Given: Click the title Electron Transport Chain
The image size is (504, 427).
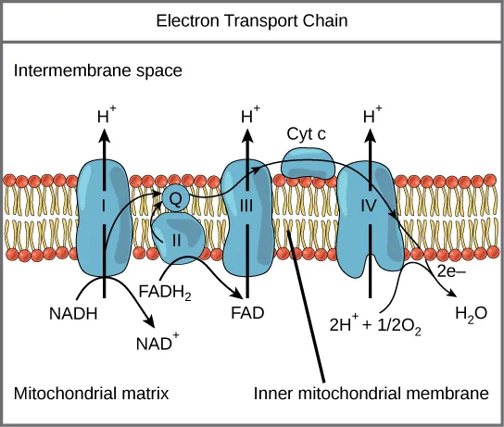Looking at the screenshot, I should (x=252, y=20).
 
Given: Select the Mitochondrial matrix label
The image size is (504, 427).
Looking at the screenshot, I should (x=91, y=394).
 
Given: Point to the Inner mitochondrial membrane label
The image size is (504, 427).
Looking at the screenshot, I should (x=371, y=394).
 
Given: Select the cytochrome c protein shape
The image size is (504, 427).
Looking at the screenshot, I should (x=308, y=166).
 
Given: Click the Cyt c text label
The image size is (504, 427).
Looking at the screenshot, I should (x=308, y=134).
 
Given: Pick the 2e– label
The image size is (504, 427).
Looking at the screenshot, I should (x=451, y=273).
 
